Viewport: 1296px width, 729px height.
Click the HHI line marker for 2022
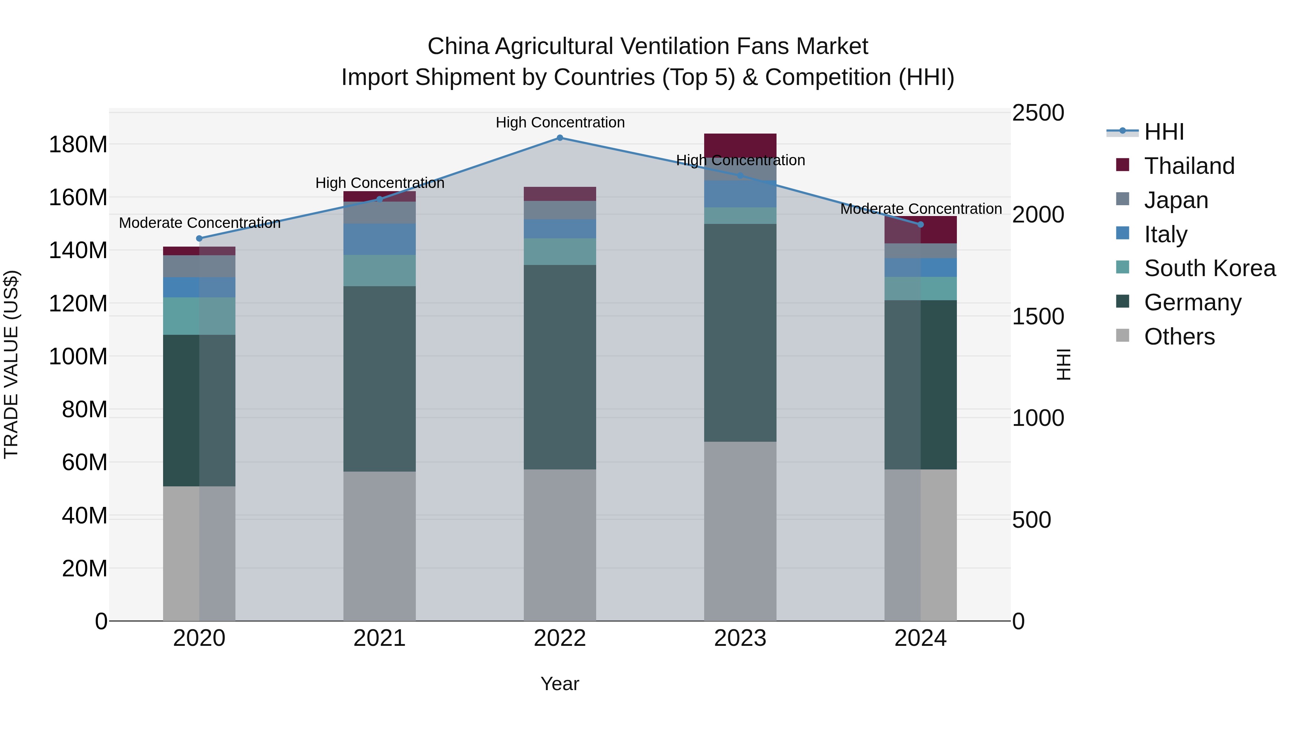coord(560,138)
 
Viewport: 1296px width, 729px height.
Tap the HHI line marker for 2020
coord(199,238)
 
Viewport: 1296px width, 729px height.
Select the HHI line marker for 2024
coord(921,224)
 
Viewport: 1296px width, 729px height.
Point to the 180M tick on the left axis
coord(78,145)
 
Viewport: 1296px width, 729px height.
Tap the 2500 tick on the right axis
coord(1038,113)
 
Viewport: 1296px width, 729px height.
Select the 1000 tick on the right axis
coord(1038,418)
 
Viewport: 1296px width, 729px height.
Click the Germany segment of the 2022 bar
coord(560,367)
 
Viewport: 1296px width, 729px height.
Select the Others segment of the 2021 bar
coord(379,546)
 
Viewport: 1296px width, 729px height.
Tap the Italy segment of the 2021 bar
coord(379,239)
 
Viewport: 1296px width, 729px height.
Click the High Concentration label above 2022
coord(560,123)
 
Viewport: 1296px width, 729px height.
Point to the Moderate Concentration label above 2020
coord(200,223)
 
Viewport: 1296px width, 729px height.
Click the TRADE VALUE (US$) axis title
coord(11,365)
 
